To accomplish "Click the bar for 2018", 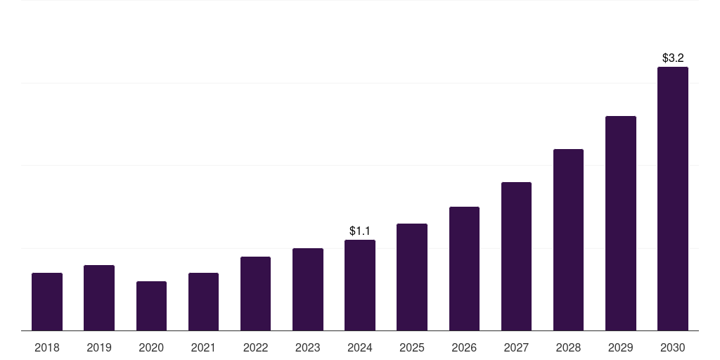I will tap(47, 302).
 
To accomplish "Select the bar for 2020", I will tap(151, 306).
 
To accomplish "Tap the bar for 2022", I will tap(255, 293).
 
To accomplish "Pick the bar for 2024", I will tap(360, 285).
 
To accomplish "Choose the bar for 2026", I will tap(464, 269).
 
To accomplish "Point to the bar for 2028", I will tap(568, 240).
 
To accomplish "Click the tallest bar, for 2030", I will tap(673, 198).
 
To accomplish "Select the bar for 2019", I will tap(99, 297).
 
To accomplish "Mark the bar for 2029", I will tap(621, 223).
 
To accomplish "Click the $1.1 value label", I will tap(360, 231).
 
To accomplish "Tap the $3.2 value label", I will tap(673, 58).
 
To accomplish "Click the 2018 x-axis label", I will tap(47, 347).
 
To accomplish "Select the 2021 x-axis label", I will tap(203, 347).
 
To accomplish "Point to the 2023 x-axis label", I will tap(308, 347).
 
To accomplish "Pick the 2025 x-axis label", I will tap(412, 347).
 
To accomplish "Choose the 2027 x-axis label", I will tap(516, 347).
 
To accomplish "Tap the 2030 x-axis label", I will tap(673, 347).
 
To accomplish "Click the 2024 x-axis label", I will tap(360, 347).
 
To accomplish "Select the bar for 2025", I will tap(412, 277).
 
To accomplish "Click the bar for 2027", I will tap(516, 256).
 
